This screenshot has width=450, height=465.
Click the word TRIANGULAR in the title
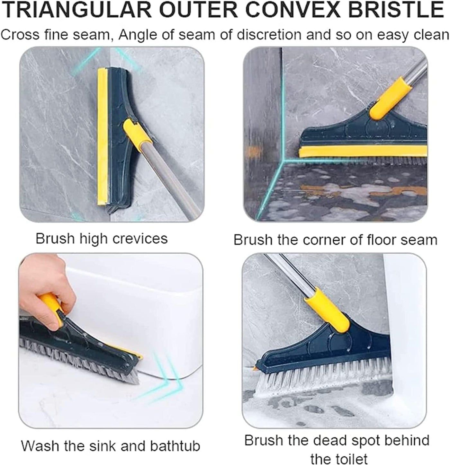tap(77, 10)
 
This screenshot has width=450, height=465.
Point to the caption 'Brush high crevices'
tap(102, 239)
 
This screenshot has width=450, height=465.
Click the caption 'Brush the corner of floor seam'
tap(335, 240)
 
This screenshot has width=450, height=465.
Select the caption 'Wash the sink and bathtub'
tap(111, 446)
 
